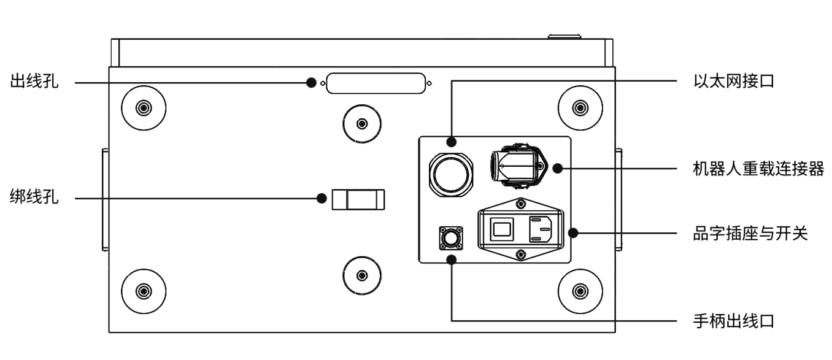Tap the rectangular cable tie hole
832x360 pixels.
click(x=358, y=199)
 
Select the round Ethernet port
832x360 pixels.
click(x=452, y=175)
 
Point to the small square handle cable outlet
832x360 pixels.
click(x=452, y=238)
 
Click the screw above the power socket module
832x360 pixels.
click(x=521, y=203)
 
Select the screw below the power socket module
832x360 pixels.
click(x=521, y=254)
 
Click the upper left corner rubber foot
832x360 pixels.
click(x=143, y=108)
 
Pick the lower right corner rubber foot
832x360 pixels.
click(x=579, y=289)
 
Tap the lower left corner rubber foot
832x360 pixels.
click(x=143, y=289)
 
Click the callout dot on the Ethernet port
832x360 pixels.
click(x=452, y=142)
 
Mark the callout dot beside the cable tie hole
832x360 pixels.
click(x=321, y=198)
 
